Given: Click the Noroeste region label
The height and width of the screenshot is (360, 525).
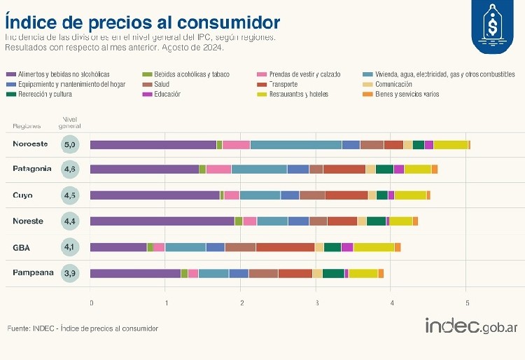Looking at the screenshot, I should point(30,144).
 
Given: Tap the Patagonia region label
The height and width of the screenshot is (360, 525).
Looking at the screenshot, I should point(32,169).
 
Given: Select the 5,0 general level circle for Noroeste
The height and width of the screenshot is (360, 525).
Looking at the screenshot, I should point(69,145).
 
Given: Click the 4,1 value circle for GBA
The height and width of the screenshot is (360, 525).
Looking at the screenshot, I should point(69,247).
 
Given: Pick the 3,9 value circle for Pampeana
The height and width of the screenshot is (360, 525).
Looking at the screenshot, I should point(69,273).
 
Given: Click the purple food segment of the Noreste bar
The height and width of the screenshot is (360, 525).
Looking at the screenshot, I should point(162,221).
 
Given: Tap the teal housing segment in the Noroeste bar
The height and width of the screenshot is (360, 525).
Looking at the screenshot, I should point(295,145).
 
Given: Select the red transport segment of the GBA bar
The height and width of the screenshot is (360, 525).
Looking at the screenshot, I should point(285,247).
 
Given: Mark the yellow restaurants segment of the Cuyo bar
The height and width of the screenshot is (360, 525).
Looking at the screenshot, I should point(410,195).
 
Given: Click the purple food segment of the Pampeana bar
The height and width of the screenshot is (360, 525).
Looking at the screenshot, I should point(135,273).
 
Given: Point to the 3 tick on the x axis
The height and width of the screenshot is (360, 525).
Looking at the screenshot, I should point(316,303).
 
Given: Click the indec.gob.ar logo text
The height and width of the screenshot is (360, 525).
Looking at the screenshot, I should point(471,326).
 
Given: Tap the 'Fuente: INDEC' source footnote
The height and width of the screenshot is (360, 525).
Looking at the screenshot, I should point(83,328).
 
